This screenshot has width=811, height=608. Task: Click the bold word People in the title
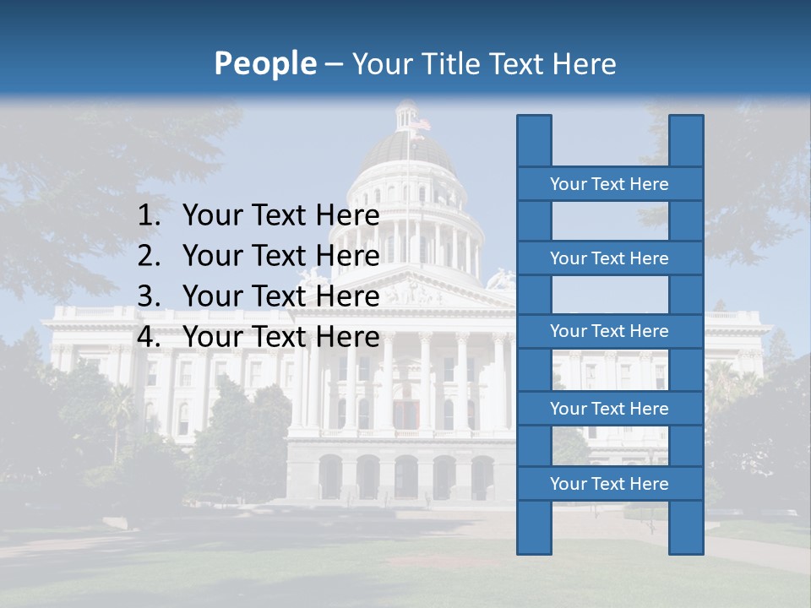(x=265, y=63)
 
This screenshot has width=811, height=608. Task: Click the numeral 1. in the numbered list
(x=149, y=216)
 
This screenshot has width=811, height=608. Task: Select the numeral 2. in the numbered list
(x=149, y=256)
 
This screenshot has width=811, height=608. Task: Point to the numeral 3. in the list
(x=149, y=296)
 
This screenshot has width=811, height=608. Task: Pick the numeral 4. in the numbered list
(x=149, y=337)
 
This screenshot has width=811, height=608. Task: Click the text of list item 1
(x=280, y=216)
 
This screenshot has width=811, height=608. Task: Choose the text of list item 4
(x=280, y=337)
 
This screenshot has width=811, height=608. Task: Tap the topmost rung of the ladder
(x=609, y=184)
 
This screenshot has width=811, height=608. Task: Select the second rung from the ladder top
(x=609, y=258)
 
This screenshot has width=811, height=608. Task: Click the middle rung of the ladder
(x=609, y=331)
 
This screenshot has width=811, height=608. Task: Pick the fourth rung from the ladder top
(x=609, y=409)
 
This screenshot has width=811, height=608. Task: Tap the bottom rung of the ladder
(x=609, y=484)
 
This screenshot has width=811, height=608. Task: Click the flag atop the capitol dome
(x=420, y=125)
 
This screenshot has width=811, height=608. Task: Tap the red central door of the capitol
(x=406, y=414)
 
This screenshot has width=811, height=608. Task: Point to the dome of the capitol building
(x=409, y=152)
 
